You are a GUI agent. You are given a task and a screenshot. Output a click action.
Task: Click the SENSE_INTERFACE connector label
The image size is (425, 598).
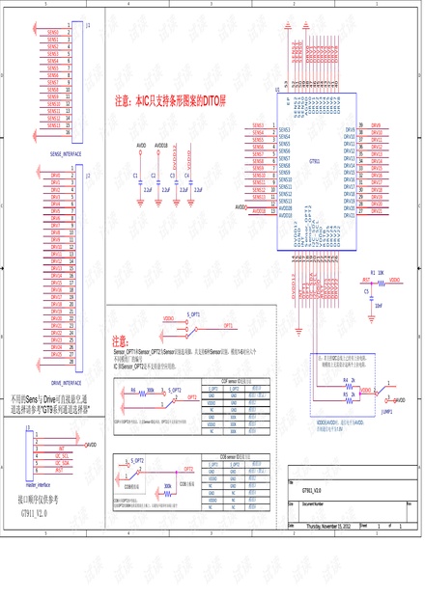[x=65, y=153]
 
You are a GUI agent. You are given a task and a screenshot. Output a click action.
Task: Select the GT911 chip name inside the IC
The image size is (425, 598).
[x=314, y=160]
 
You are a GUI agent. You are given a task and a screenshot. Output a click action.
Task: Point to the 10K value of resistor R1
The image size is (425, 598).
[x=381, y=273]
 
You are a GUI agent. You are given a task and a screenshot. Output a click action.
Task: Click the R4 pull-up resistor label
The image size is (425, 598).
[x=345, y=381]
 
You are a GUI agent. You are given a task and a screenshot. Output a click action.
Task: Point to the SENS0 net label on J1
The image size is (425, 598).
[x=53, y=32]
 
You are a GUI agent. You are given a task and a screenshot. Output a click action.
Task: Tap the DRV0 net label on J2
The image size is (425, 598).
[x=55, y=176]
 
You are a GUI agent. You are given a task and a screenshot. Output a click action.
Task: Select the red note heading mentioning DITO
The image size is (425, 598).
[x=169, y=99]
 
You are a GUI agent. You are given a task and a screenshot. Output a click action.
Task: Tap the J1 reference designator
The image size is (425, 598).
[x=89, y=24]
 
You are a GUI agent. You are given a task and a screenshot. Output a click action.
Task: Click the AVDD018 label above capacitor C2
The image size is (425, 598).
[x=160, y=145]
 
